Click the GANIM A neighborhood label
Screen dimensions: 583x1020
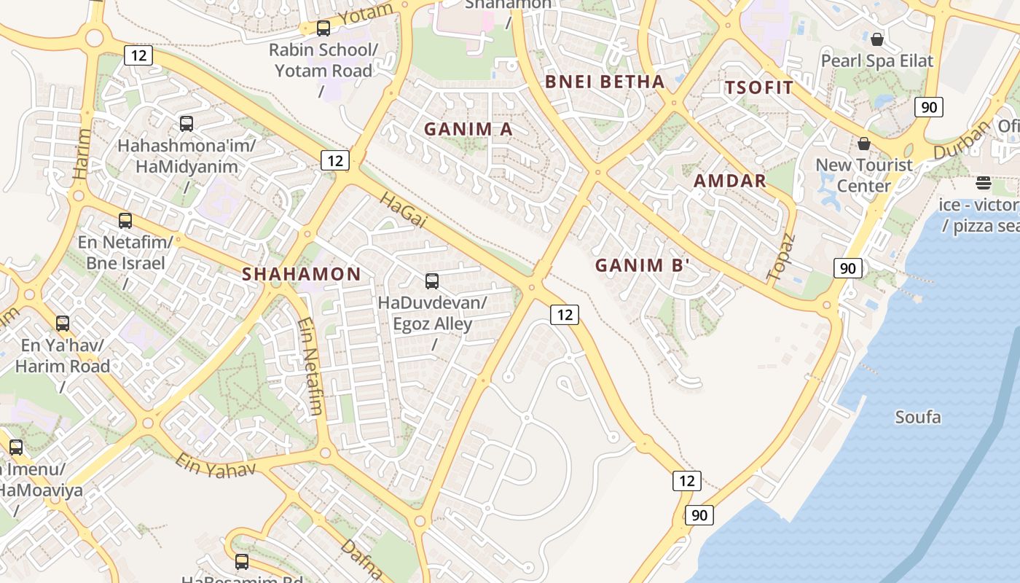coord(468,129)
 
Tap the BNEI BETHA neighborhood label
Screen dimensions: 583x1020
coord(605,82)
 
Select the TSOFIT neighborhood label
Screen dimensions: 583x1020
coord(759,88)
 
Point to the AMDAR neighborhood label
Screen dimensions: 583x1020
coord(730,181)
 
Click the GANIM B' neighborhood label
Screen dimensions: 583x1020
coord(642,265)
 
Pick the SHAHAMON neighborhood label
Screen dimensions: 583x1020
coord(301,274)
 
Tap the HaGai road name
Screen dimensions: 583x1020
coord(403,210)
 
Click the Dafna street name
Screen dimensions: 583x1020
coord(361,557)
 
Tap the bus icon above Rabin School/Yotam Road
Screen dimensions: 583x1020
coord(323,28)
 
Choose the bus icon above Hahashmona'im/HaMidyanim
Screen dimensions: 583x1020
coord(187,124)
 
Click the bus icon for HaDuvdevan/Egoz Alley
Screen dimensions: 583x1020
coord(432,281)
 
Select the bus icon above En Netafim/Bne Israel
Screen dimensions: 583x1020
coord(125,220)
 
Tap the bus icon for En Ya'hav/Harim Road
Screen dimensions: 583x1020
coord(63,323)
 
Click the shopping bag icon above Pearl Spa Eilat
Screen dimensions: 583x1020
coord(877,39)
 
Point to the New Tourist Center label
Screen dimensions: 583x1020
coord(863,175)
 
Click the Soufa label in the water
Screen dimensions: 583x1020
coord(917,418)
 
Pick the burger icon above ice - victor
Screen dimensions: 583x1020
coord(984,182)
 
